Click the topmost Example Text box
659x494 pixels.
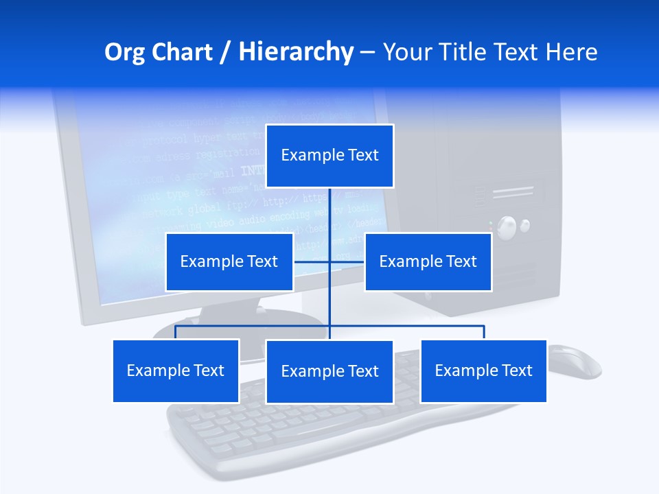click(329, 156)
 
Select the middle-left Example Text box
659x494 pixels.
click(229, 261)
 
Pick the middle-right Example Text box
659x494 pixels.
click(428, 261)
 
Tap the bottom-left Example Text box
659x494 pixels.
click(176, 370)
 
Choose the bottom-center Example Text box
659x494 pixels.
click(329, 371)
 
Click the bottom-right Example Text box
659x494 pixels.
click(483, 370)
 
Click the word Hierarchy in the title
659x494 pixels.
click(295, 52)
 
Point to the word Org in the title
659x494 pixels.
click(124, 52)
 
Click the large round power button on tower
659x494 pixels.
click(507, 227)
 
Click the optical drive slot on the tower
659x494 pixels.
click(513, 193)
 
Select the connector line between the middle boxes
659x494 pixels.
click(347, 261)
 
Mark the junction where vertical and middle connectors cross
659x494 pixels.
click(329, 261)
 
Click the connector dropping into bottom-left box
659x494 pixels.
click(176, 333)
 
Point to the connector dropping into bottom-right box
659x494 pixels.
click(483, 333)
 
